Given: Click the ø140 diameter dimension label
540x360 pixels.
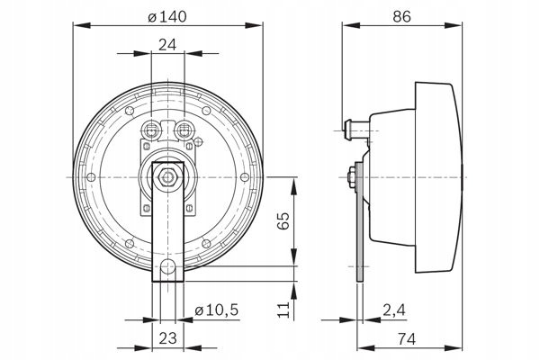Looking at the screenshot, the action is [x=167, y=16].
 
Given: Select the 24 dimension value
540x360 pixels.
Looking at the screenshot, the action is [x=167, y=45].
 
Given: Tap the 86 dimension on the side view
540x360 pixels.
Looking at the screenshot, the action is [x=402, y=16].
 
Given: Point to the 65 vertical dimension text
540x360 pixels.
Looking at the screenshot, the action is [x=283, y=220].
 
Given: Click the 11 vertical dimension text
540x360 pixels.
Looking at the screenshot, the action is [x=283, y=310].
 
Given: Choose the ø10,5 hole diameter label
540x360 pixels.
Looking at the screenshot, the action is [x=217, y=310].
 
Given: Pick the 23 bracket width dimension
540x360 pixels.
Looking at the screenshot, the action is [x=167, y=338].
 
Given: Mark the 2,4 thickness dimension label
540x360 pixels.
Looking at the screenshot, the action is [x=394, y=310].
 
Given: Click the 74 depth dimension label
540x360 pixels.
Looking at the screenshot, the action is [x=407, y=339].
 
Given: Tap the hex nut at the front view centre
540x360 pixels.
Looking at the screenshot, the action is [x=167, y=177].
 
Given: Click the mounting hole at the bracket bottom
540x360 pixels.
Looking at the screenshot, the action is [x=167, y=266].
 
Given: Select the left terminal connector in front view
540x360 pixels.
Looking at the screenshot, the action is [x=151, y=130].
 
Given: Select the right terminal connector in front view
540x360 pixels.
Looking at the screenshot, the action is [x=184, y=130].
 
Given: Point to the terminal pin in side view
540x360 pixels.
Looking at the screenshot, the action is [x=356, y=130].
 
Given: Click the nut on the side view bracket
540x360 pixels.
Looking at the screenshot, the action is [x=352, y=177].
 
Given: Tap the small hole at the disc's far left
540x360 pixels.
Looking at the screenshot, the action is [x=91, y=177].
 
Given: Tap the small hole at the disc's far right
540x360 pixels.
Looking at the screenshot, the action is [x=245, y=177].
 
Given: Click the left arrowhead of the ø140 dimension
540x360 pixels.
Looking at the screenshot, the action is [x=82, y=25].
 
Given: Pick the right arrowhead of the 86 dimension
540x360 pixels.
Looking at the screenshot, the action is [x=453, y=25].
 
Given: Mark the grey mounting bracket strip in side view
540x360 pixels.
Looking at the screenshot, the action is [x=359, y=222].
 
